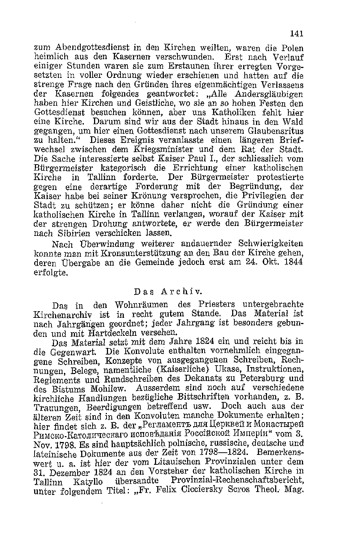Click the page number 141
coord(296,34)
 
